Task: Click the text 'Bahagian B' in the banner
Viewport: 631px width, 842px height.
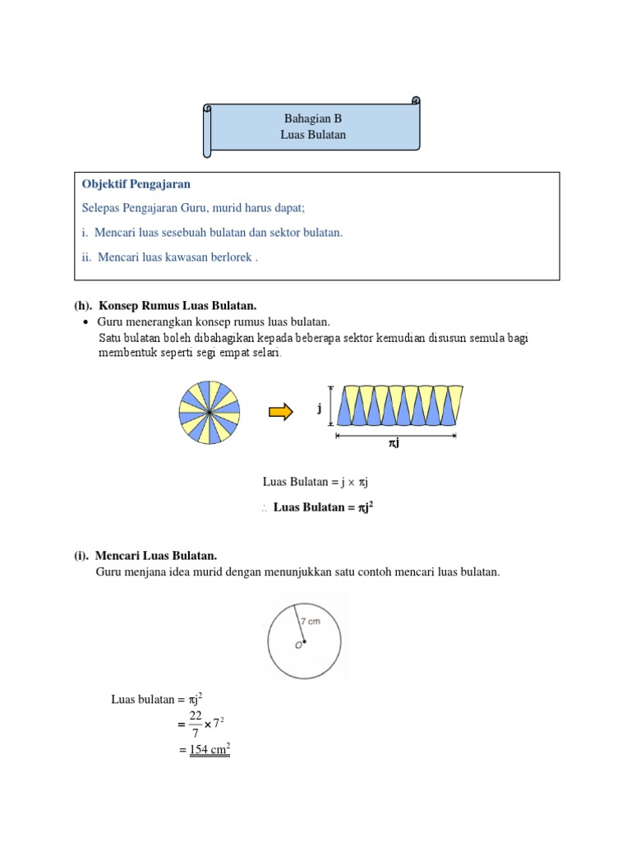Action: [x=312, y=118]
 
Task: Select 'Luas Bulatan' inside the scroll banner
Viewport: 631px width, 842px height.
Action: [x=312, y=135]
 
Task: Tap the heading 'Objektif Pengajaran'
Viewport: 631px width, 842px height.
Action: [x=136, y=184]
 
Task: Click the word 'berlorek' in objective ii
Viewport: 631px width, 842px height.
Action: [x=231, y=257]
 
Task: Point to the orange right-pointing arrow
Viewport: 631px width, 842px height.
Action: [x=281, y=413]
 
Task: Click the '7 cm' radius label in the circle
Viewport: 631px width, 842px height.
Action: [x=309, y=621]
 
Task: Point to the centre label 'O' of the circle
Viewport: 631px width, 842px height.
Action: [x=298, y=645]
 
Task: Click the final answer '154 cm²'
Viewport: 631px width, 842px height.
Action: [x=210, y=749]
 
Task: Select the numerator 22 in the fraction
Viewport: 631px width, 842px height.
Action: [x=196, y=715]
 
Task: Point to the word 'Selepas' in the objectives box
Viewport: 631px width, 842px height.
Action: [x=102, y=208]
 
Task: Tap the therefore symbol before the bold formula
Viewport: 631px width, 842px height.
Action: [x=265, y=509]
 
